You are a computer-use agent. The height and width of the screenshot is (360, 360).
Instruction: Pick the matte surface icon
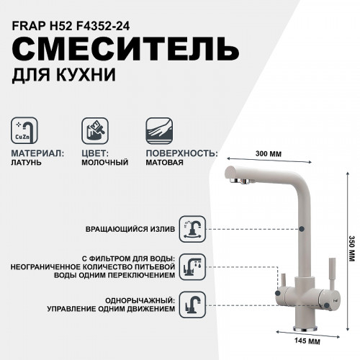coord(160,132)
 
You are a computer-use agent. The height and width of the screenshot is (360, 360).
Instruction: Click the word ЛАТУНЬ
coord(27,163)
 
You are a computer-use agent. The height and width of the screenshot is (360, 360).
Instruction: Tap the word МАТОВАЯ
coord(164,163)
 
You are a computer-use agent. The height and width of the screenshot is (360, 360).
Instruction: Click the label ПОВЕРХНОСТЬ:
coord(181,153)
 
